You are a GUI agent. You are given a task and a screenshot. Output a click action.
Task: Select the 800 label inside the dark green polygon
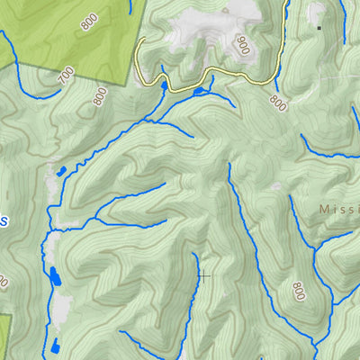tap(88, 21)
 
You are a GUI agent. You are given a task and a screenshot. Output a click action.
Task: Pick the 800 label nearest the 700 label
tap(88, 21)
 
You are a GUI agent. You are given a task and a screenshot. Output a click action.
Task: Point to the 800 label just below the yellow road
tap(276, 103)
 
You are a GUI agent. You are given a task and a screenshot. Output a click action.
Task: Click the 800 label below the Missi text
tap(298, 290)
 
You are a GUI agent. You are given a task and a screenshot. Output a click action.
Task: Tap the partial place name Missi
tap(338, 209)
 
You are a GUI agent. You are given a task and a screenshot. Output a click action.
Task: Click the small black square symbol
tap(319, 28)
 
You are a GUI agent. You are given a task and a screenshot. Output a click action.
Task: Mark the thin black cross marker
tap(204, 275)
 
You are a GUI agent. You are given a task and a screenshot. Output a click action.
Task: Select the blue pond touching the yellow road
tap(198, 91)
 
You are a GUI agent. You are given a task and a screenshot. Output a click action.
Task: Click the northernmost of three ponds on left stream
tap(60, 169)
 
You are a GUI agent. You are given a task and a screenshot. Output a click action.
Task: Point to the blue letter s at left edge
tap(4, 220)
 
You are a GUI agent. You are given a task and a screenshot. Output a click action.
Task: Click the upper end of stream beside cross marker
tap(194, 255)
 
